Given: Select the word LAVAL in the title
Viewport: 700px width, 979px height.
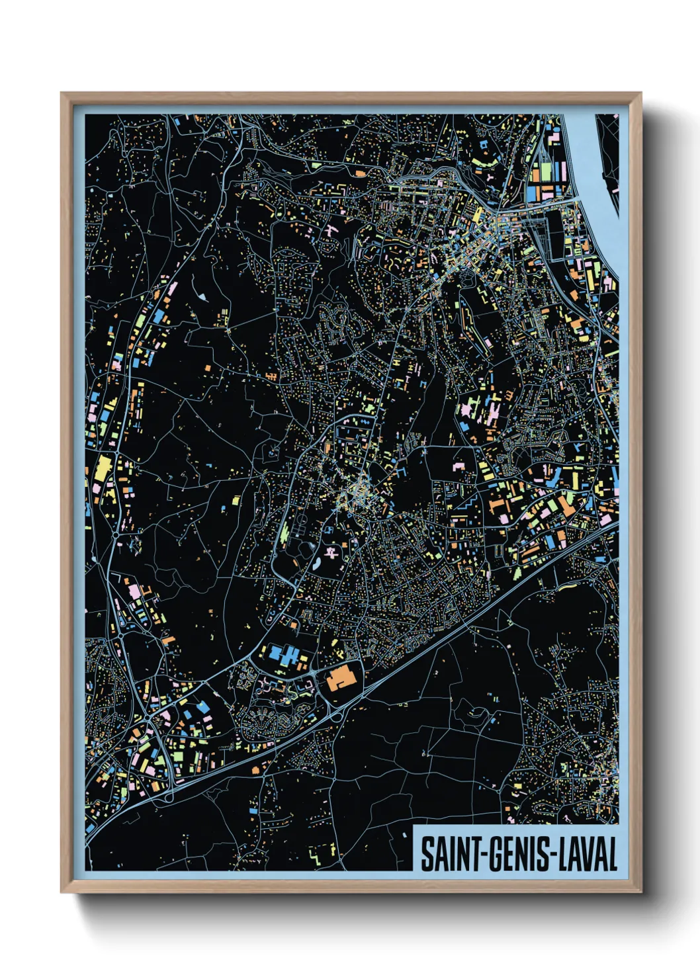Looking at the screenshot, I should pyautogui.click(x=589, y=855).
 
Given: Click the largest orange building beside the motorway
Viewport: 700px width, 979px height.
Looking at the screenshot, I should pyautogui.click(x=341, y=677).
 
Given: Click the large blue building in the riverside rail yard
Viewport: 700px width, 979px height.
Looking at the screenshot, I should pyautogui.click(x=533, y=193).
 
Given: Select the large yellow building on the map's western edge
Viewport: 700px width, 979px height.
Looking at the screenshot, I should pyautogui.click(x=103, y=469).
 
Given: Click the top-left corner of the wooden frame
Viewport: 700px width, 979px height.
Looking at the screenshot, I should pyautogui.click(x=62, y=94).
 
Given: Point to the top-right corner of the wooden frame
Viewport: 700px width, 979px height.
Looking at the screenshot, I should pyautogui.click(x=640, y=94).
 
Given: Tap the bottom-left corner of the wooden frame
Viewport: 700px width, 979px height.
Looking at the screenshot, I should pyautogui.click(x=62, y=891).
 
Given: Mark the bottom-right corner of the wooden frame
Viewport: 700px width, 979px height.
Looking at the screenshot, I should pyautogui.click(x=640, y=891).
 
